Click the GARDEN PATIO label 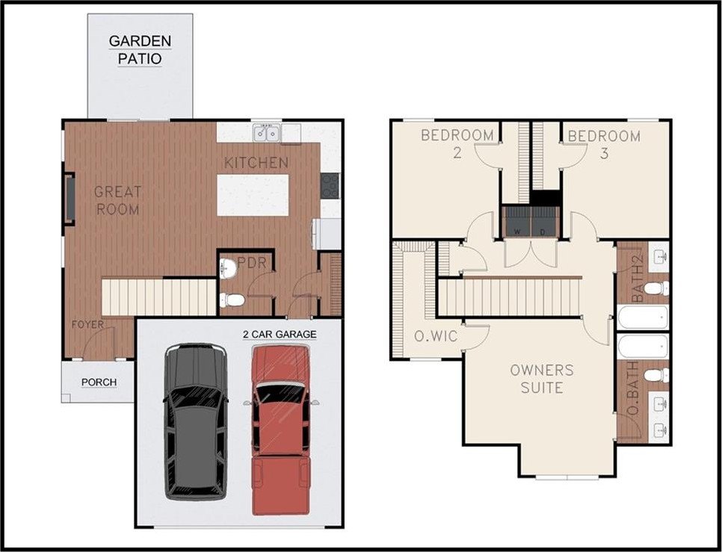click(x=140, y=50)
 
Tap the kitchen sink click(x=267, y=133)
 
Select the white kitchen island click(x=253, y=195)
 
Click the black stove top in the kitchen click(x=330, y=185)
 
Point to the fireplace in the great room click(x=70, y=199)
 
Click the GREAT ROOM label click(x=118, y=200)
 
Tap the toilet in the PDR click(x=232, y=300)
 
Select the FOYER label click(x=88, y=324)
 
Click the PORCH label click(x=99, y=382)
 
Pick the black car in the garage click(x=196, y=421)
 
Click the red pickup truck click(x=281, y=429)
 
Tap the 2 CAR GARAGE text click(x=280, y=335)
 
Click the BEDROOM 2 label click(x=457, y=144)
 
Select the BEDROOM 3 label click(x=604, y=144)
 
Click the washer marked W click(x=516, y=222)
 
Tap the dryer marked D click(x=545, y=222)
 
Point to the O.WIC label click(x=436, y=336)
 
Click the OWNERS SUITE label click(x=542, y=379)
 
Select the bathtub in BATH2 click(x=642, y=317)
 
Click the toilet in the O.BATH click(x=656, y=375)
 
